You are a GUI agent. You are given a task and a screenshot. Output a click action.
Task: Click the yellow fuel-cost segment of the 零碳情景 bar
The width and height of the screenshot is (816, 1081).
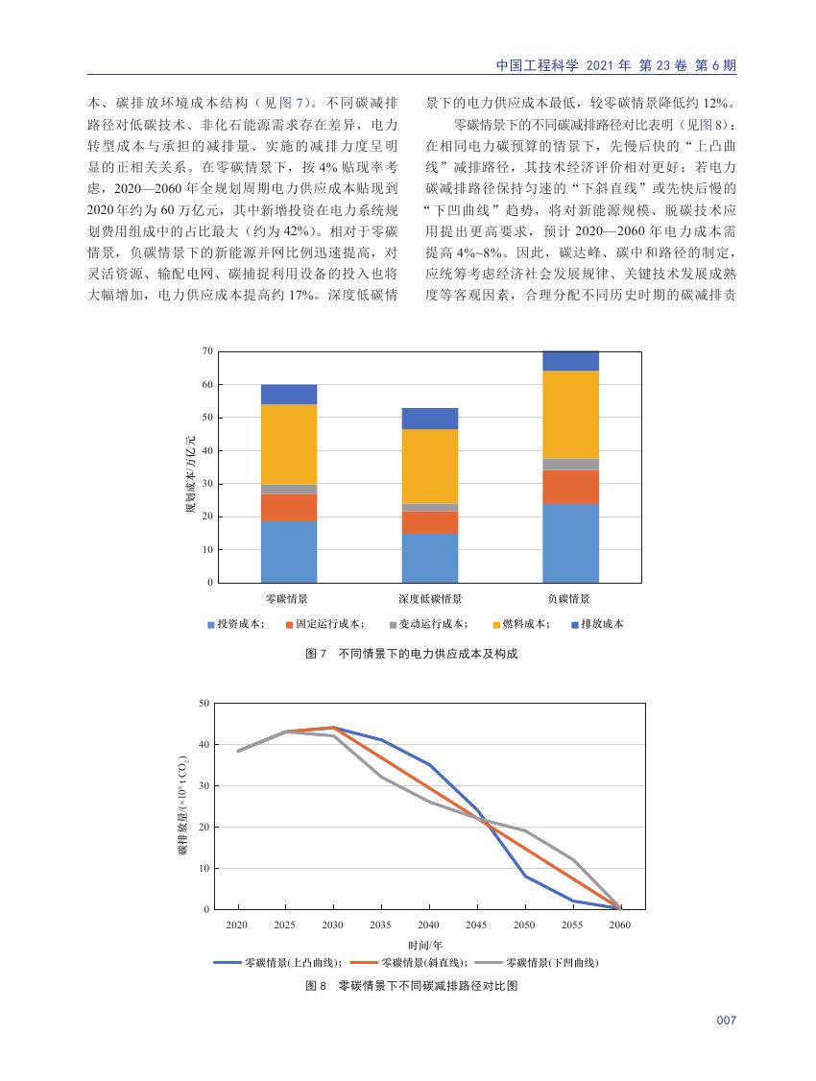[x=289, y=444]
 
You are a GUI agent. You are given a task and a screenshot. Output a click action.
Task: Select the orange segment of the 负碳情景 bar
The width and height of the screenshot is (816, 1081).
[x=570, y=487]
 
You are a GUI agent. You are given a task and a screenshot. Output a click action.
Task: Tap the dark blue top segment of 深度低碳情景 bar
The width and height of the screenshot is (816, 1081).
[x=430, y=419]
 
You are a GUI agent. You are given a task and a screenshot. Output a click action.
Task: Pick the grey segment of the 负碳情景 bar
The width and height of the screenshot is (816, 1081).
[x=570, y=465]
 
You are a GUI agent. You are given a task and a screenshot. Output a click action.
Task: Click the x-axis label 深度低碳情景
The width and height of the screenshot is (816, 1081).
[x=430, y=599]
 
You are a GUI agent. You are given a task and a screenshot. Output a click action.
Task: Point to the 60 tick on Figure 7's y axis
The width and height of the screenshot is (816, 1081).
[x=207, y=385]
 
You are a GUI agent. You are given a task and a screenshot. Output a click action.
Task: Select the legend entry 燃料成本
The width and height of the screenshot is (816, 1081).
[x=520, y=624]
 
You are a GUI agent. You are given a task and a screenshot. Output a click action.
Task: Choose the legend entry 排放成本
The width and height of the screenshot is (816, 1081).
[x=597, y=624]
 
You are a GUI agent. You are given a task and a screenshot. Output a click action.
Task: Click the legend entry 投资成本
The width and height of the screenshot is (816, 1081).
[x=236, y=624]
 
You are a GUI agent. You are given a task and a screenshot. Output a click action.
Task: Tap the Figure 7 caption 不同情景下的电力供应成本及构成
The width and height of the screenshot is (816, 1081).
[x=428, y=654]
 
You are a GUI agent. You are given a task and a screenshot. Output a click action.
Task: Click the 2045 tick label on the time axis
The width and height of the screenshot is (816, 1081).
[x=475, y=925]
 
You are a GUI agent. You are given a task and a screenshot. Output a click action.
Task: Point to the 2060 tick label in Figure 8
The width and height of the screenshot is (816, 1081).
[x=619, y=925]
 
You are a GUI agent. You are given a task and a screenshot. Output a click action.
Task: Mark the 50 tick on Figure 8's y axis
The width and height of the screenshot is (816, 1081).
[x=204, y=703]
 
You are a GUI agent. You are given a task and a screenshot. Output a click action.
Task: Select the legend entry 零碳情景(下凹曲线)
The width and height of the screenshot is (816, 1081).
[x=537, y=962]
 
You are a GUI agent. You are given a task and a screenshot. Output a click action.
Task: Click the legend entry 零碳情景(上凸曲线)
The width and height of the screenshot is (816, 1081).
[x=275, y=962]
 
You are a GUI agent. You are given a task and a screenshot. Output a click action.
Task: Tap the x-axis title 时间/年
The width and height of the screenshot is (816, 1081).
[x=425, y=946]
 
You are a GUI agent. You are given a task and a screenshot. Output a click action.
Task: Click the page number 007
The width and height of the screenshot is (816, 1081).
[x=727, y=1021]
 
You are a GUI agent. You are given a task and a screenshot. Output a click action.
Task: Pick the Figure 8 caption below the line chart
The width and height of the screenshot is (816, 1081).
[x=412, y=986]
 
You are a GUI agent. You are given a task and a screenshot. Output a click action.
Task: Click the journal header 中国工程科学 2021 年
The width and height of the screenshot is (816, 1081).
[x=564, y=65]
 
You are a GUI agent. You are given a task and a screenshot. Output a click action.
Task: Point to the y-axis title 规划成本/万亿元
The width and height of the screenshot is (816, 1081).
[x=190, y=474]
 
